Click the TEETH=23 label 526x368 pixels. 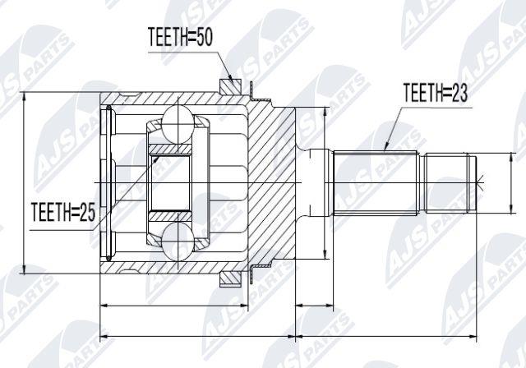(x=435, y=92)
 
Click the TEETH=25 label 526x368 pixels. (x=63, y=212)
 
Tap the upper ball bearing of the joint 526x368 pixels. (x=178, y=122)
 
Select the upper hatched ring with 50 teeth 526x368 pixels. (x=230, y=86)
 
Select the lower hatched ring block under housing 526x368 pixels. (x=230, y=279)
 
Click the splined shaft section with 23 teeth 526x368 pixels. (x=376, y=182)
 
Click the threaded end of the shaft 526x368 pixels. (x=450, y=182)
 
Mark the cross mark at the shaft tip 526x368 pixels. (x=480, y=183)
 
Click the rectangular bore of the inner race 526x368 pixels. (x=170, y=183)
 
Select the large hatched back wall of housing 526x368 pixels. (x=271, y=182)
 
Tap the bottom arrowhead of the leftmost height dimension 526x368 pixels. (x=24, y=269)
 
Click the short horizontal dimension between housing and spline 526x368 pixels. (x=314, y=306)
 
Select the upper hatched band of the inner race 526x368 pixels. (x=170, y=149)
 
